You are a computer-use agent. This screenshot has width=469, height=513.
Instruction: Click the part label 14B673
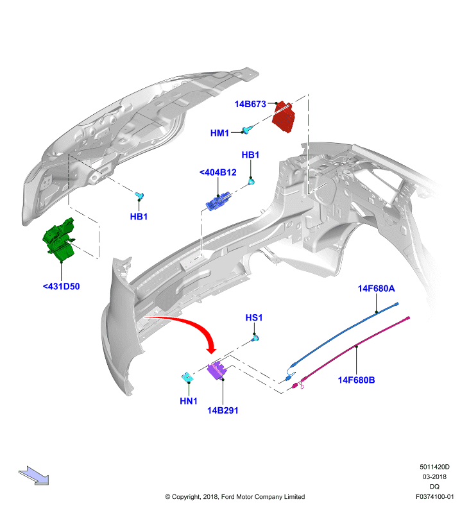pyautogui.click(x=250, y=104)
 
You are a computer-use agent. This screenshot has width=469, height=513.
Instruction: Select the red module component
pyautogui.click(x=284, y=117)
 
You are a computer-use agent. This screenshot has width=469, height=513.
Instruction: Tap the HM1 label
pyautogui.click(x=219, y=133)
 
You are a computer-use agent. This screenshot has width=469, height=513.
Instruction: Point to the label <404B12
pyautogui.click(x=218, y=172)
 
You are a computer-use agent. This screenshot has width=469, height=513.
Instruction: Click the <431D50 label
pyautogui.click(x=61, y=286)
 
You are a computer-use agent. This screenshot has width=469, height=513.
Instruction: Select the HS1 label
pyautogui.click(x=254, y=317)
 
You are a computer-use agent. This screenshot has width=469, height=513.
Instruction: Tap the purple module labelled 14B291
pyautogui.click(x=217, y=371)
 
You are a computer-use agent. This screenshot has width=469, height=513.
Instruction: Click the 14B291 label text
pyautogui.click(x=223, y=410)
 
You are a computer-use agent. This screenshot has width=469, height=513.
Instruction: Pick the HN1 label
pyautogui.click(x=189, y=401)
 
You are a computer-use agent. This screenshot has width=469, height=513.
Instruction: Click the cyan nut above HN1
pyautogui.click(x=187, y=377)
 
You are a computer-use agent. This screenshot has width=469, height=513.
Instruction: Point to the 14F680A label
pyautogui.click(x=377, y=288)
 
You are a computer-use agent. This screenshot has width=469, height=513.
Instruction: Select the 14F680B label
pyautogui.click(x=357, y=380)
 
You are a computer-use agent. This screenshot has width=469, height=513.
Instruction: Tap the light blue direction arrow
pyautogui.click(x=34, y=475)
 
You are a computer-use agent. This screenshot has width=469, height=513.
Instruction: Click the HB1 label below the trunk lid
pyautogui.click(x=139, y=217)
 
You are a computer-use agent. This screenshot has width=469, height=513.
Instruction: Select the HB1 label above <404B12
pyautogui.click(x=250, y=155)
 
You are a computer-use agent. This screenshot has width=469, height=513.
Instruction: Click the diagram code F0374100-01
pyautogui.click(x=434, y=496)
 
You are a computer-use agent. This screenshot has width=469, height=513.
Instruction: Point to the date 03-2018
pyautogui.click(x=434, y=476)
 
